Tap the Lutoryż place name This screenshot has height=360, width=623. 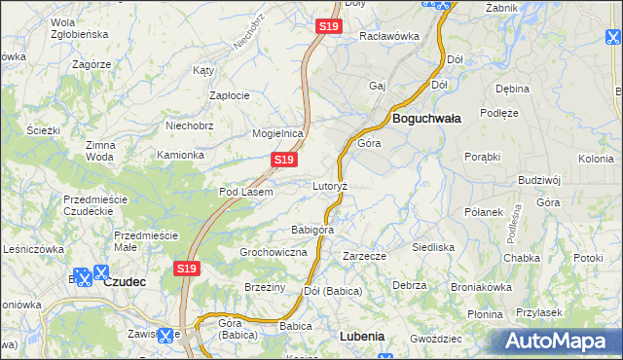(x=330, y=185)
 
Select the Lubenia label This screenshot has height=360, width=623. (x=362, y=336)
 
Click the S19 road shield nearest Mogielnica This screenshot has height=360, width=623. (x=283, y=159)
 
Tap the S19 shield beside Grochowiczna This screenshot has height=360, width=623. (x=188, y=268)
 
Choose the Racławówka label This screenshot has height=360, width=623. (x=388, y=36)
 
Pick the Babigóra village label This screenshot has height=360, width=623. (x=312, y=231)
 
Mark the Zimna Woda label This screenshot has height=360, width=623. (x=99, y=150)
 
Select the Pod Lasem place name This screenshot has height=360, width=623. (x=245, y=192)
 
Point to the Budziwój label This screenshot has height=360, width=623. (x=540, y=180)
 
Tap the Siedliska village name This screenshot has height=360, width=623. (x=433, y=247)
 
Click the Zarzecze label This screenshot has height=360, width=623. (x=365, y=256)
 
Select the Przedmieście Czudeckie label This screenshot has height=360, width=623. (x=95, y=205)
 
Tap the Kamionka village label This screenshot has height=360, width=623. (x=181, y=155)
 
